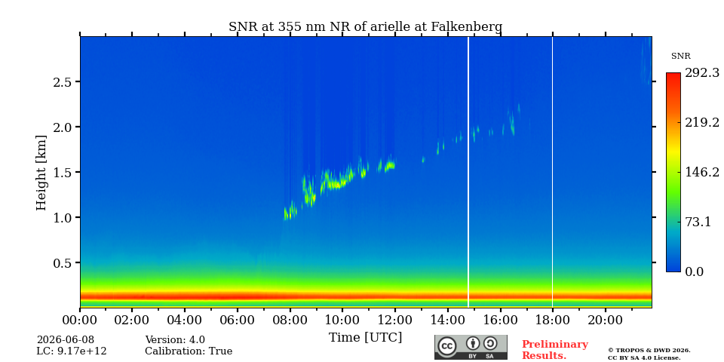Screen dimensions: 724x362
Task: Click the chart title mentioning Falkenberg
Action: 365,27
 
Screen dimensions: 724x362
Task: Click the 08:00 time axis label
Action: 290,320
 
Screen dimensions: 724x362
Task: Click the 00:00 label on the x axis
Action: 80,320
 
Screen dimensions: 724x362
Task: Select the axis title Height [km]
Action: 41,173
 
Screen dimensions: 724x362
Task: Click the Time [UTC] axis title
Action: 365,338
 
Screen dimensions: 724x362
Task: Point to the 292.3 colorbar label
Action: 702,73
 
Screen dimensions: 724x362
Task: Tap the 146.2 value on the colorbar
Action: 702,172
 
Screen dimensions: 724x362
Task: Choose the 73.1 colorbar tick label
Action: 698,222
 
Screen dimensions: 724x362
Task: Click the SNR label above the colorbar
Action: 680,57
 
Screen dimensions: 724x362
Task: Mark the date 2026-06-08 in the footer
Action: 66,340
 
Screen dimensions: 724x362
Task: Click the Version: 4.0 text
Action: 175,340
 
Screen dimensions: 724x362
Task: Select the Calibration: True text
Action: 189,351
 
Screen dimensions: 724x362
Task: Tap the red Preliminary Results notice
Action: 555,350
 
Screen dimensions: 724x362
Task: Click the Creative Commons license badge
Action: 471,347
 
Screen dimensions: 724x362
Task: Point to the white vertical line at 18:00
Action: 552,172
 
